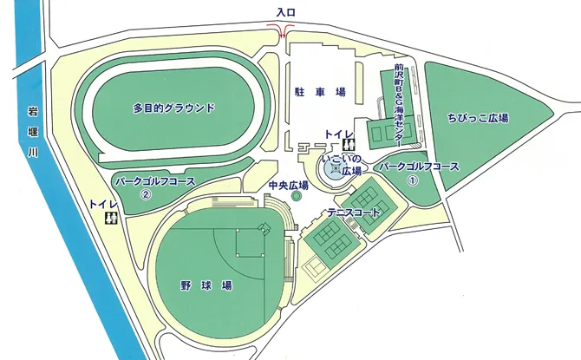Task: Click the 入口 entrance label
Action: click(286, 12)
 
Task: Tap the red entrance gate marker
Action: click(285, 32)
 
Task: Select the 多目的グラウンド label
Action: click(173, 109)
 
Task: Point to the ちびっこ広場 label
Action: click(478, 117)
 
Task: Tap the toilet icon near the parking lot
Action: click(349, 145)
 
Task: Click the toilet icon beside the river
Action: click(111, 218)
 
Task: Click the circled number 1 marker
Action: click(414, 180)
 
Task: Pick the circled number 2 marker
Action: click(147, 194)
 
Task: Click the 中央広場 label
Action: click(289, 186)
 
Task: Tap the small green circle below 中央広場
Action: click(296, 198)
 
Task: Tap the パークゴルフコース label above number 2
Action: click(155, 180)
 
